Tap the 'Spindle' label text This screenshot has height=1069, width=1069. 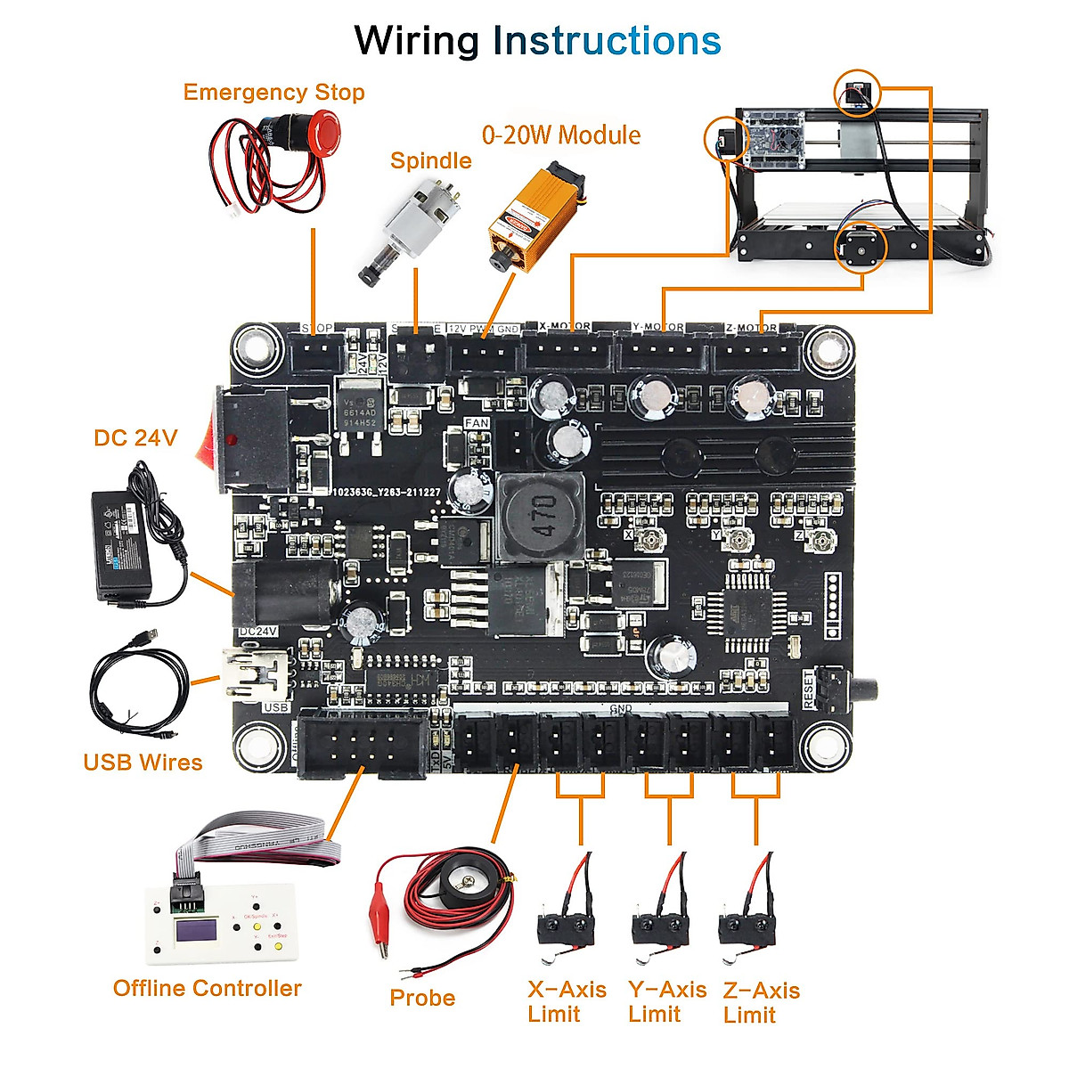pyautogui.click(x=430, y=160)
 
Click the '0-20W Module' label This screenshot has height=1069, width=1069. pyautogui.click(x=560, y=135)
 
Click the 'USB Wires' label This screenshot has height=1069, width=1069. pyautogui.click(x=143, y=763)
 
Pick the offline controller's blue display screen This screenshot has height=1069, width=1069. pyautogui.click(x=198, y=931)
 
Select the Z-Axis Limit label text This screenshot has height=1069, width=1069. pyautogui.click(x=761, y=1002)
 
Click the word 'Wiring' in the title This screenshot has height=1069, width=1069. pyautogui.click(x=416, y=41)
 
